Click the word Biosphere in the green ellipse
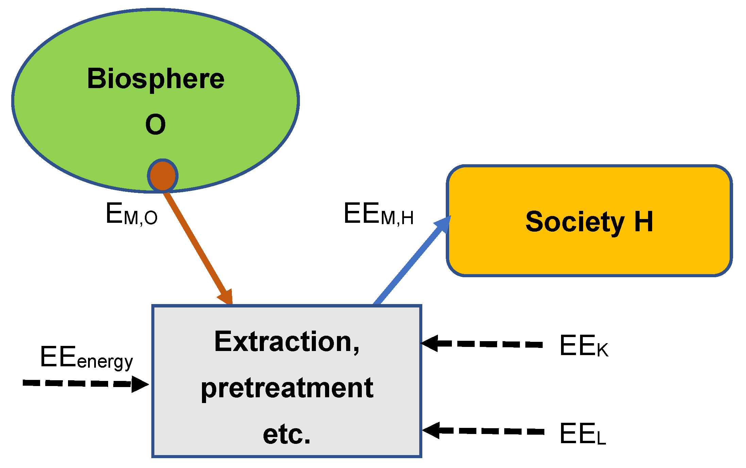pos(156,79)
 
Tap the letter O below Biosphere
pos(155,124)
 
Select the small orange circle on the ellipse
pos(163,176)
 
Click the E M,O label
pos(131,214)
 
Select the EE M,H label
pos(378,214)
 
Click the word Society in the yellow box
pos(575,222)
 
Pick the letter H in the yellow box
pos(644,222)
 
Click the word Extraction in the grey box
pos(287,342)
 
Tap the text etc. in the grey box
pos(287,434)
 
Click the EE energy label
pos(86,358)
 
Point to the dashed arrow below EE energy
pos(85,384)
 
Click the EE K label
pos(583,346)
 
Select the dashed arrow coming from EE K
pos(481,344)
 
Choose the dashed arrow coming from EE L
pos(483,431)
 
